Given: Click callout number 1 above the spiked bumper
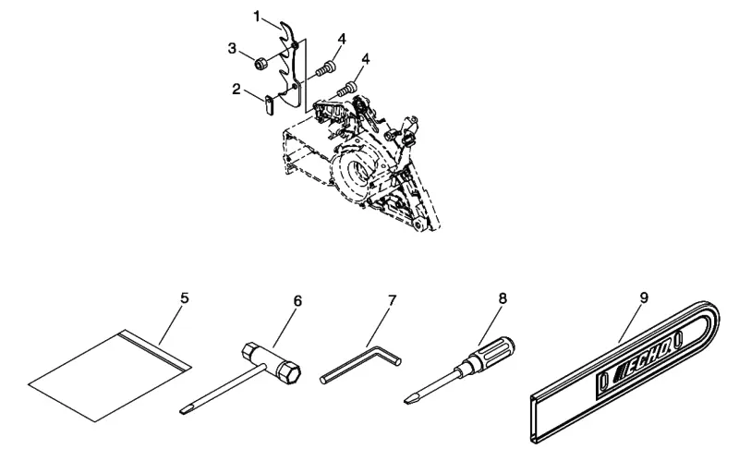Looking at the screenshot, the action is click(257, 17).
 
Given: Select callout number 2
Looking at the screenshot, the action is click(236, 89).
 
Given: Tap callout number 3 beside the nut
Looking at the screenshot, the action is click(232, 48).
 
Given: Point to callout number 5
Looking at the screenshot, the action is click(184, 297).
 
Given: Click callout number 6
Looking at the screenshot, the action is click(297, 301).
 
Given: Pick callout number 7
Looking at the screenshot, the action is click(392, 300).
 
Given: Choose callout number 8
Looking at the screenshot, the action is click(503, 297).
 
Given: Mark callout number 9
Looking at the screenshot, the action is click(644, 297).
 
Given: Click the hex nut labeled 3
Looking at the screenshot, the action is click(260, 63).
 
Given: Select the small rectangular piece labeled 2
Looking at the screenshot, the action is click(268, 104).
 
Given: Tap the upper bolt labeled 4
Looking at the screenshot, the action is click(326, 67).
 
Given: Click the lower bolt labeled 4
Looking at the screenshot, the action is click(346, 88).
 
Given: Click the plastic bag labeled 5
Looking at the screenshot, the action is click(110, 375).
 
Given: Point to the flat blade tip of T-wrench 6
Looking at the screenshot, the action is click(185, 410).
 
